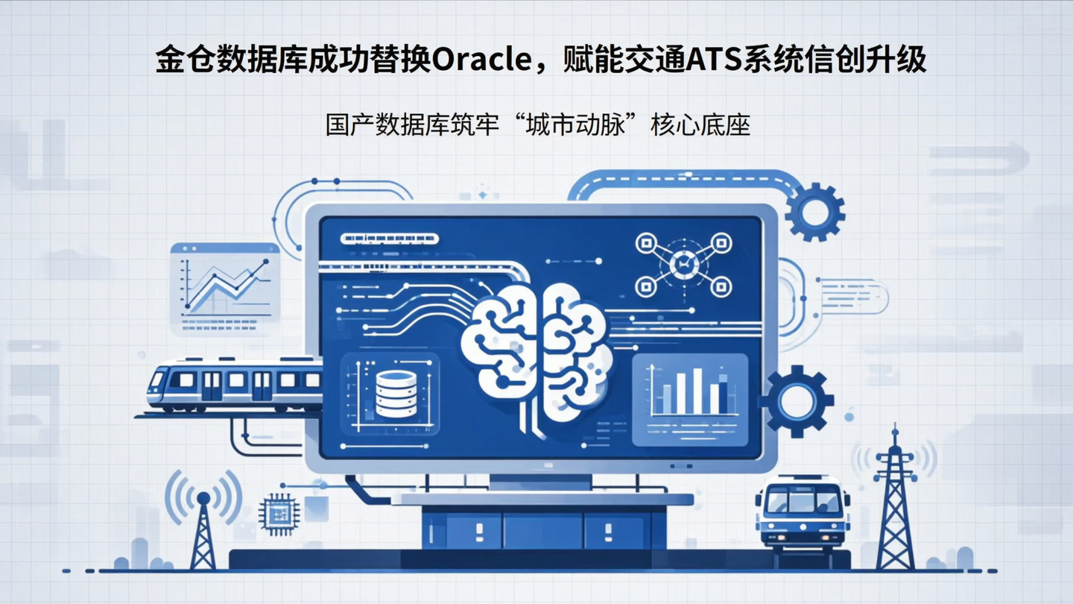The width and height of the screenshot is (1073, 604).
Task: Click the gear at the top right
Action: pyautogui.click(x=814, y=211)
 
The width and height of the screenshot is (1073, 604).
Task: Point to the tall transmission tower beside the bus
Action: pyautogui.click(x=895, y=500)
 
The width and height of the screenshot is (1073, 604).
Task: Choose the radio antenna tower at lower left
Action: pyautogui.click(x=203, y=526)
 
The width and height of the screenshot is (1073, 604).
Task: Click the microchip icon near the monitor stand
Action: pyautogui.click(x=279, y=514)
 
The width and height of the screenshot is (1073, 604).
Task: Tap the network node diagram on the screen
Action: pyautogui.click(x=683, y=264)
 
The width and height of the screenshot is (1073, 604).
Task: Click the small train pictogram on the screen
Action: pyautogui.click(x=389, y=239)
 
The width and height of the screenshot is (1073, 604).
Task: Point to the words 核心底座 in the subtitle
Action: pyautogui.click(x=700, y=124)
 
